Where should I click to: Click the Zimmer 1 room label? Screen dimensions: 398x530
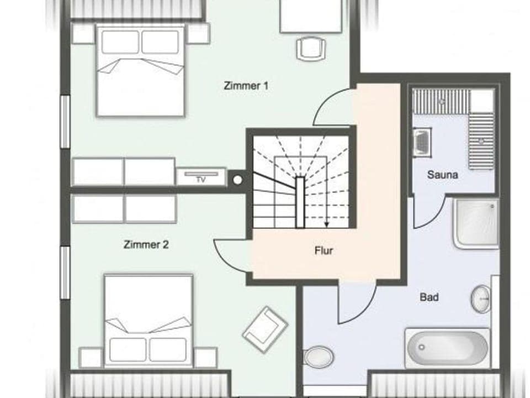pyautogui.click(x=246, y=86)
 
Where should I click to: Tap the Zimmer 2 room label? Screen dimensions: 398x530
pyautogui.click(x=146, y=245)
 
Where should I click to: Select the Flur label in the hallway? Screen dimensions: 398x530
pyautogui.click(x=324, y=250)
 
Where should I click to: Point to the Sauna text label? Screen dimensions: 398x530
pyautogui.click(x=442, y=175)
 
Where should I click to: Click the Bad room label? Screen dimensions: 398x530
pyautogui.click(x=429, y=297)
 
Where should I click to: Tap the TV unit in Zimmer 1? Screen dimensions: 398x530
pyautogui.click(x=201, y=177)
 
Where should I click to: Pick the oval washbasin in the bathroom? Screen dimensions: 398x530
pyautogui.click(x=481, y=299)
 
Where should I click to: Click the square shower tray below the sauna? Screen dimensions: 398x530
pyautogui.click(x=476, y=223)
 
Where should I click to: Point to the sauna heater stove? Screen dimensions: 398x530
pyautogui.click(x=422, y=142)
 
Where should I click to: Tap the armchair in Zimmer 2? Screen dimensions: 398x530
pyautogui.click(x=264, y=328)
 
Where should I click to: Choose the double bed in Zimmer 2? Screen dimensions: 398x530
pyautogui.click(x=148, y=321)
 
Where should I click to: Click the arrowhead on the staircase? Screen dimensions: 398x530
pyautogui.click(x=327, y=224)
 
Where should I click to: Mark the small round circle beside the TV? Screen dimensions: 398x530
pyautogui.click(x=237, y=179)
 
